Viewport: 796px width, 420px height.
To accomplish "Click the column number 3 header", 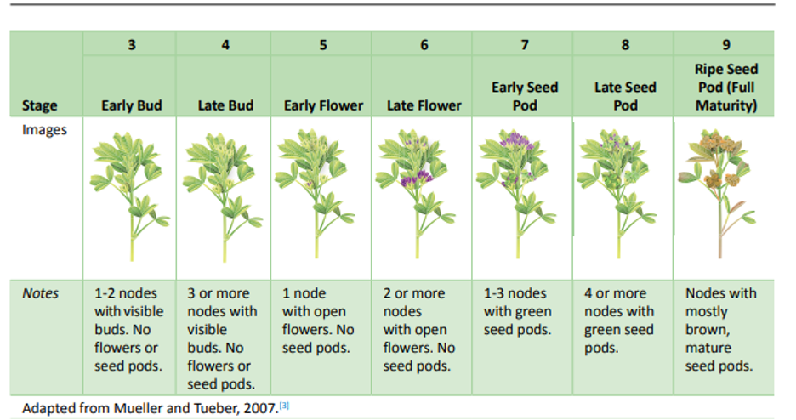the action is pyautogui.click(x=132, y=45).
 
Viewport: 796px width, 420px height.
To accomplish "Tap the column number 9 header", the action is pyautogui.click(x=726, y=45).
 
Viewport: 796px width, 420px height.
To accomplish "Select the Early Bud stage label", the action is pyautogui.click(x=132, y=105).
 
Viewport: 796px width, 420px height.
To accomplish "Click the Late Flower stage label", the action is pyautogui.click(x=424, y=105).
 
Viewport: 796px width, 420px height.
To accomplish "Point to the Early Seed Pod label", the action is pyautogui.click(x=525, y=96).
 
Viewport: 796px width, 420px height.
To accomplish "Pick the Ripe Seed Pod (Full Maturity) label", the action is pyautogui.click(x=726, y=88).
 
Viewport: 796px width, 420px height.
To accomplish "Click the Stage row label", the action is pyautogui.click(x=40, y=105).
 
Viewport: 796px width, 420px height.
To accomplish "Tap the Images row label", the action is pyautogui.click(x=44, y=130).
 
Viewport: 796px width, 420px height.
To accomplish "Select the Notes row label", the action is pyautogui.click(x=40, y=293).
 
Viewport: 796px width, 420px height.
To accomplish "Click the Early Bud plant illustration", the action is pyautogui.click(x=130, y=196).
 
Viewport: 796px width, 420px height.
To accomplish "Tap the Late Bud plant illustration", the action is pyautogui.click(x=224, y=196).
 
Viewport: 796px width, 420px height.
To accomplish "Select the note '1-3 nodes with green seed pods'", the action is pyautogui.click(x=517, y=311).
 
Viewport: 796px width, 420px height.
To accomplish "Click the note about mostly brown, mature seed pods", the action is pyautogui.click(x=720, y=330).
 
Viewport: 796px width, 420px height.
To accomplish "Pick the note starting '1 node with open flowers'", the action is pyautogui.click(x=318, y=321).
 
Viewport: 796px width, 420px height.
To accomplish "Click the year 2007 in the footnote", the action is pyautogui.click(x=261, y=408).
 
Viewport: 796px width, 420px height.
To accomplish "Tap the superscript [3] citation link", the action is pyautogui.click(x=285, y=406).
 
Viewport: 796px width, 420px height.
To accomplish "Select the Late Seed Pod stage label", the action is pyautogui.click(x=625, y=96).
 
